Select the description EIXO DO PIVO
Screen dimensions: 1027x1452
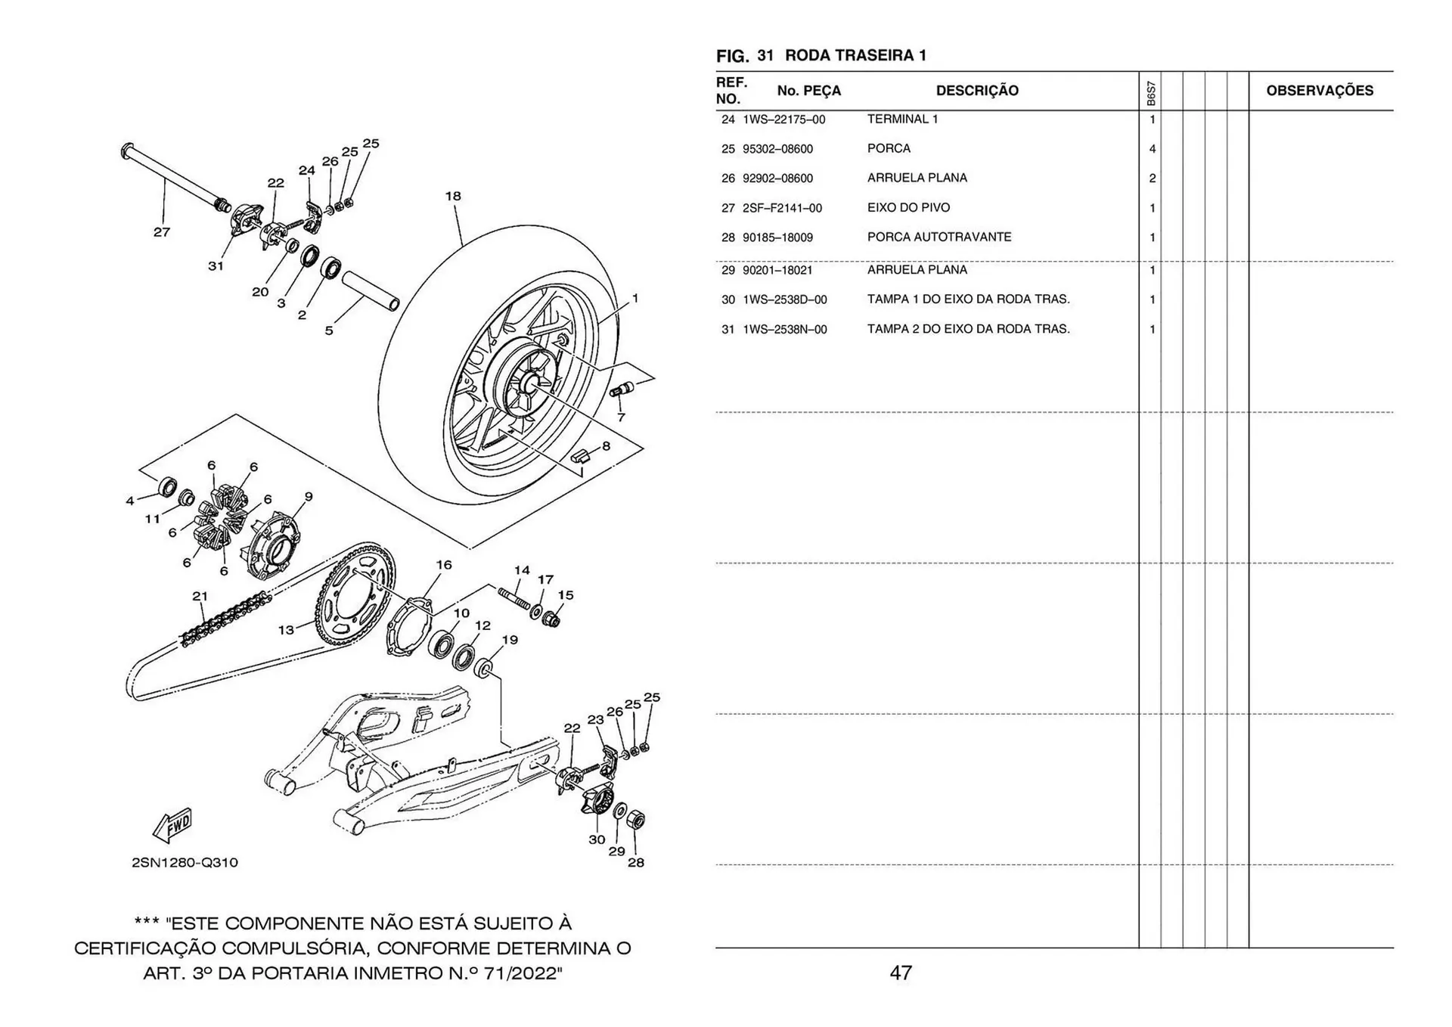(x=908, y=208)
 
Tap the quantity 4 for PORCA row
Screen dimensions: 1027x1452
(x=1152, y=149)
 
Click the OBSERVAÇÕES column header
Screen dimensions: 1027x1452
(x=1319, y=91)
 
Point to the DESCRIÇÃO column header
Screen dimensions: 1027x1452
(x=976, y=91)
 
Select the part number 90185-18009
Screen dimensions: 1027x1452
(x=777, y=237)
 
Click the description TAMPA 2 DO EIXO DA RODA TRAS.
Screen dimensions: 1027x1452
(x=968, y=329)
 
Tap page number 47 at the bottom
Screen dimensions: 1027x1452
(x=900, y=973)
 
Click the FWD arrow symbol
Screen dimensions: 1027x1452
(x=173, y=825)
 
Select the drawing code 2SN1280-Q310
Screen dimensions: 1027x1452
(x=185, y=863)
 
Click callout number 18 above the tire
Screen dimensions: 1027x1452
(x=452, y=196)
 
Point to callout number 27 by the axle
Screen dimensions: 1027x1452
(x=162, y=232)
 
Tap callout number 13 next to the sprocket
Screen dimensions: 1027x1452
(x=286, y=629)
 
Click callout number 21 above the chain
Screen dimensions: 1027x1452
(x=200, y=596)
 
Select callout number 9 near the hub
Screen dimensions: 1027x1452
(x=309, y=497)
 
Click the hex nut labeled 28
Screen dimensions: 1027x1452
(x=637, y=820)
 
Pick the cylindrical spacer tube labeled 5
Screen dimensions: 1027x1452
(x=371, y=291)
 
